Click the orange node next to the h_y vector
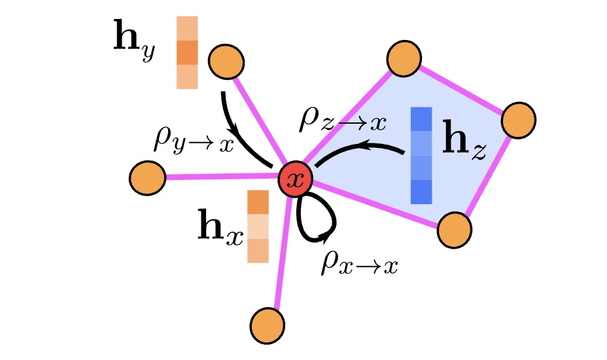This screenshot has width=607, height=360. (226, 62)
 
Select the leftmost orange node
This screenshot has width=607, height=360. (147, 177)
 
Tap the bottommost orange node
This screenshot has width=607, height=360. (268, 324)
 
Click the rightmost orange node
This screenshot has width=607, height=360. (519, 119)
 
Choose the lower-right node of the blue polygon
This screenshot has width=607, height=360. (455, 230)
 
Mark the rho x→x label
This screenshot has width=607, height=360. (359, 263)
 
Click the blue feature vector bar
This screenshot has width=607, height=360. (422, 156)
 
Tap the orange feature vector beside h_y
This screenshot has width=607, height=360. (187, 53)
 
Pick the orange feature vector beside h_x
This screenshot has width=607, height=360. (258, 226)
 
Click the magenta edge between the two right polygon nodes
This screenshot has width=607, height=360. (487, 175)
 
